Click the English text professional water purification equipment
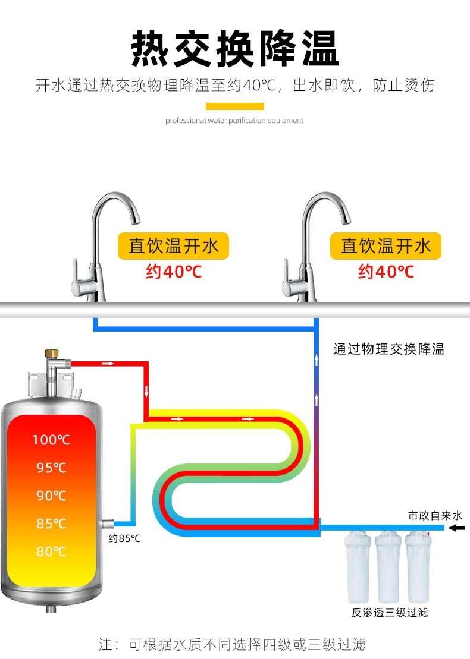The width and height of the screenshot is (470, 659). [x=234, y=121]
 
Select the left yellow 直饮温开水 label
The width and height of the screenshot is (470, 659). [x=174, y=246]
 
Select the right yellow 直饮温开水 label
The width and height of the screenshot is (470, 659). [x=386, y=246]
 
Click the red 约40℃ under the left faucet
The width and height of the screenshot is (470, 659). [x=174, y=272]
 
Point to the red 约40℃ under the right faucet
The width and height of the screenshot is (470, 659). [x=386, y=272]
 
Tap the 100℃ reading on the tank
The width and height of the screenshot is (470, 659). [x=51, y=440]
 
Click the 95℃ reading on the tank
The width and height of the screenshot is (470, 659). [x=51, y=468]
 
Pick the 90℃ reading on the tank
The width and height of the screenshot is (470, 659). [x=51, y=496]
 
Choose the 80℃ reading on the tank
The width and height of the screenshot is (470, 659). [x=51, y=551]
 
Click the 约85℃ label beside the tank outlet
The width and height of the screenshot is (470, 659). [x=124, y=539]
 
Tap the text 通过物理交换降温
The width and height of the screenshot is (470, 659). [x=388, y=349]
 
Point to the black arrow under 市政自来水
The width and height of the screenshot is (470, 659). [x=456, y=528]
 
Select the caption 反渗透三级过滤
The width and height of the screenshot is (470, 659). [x=389, y=613]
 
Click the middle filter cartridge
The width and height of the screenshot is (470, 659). [x=389, y=567]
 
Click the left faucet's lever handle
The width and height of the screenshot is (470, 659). [x=79, y=271]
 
